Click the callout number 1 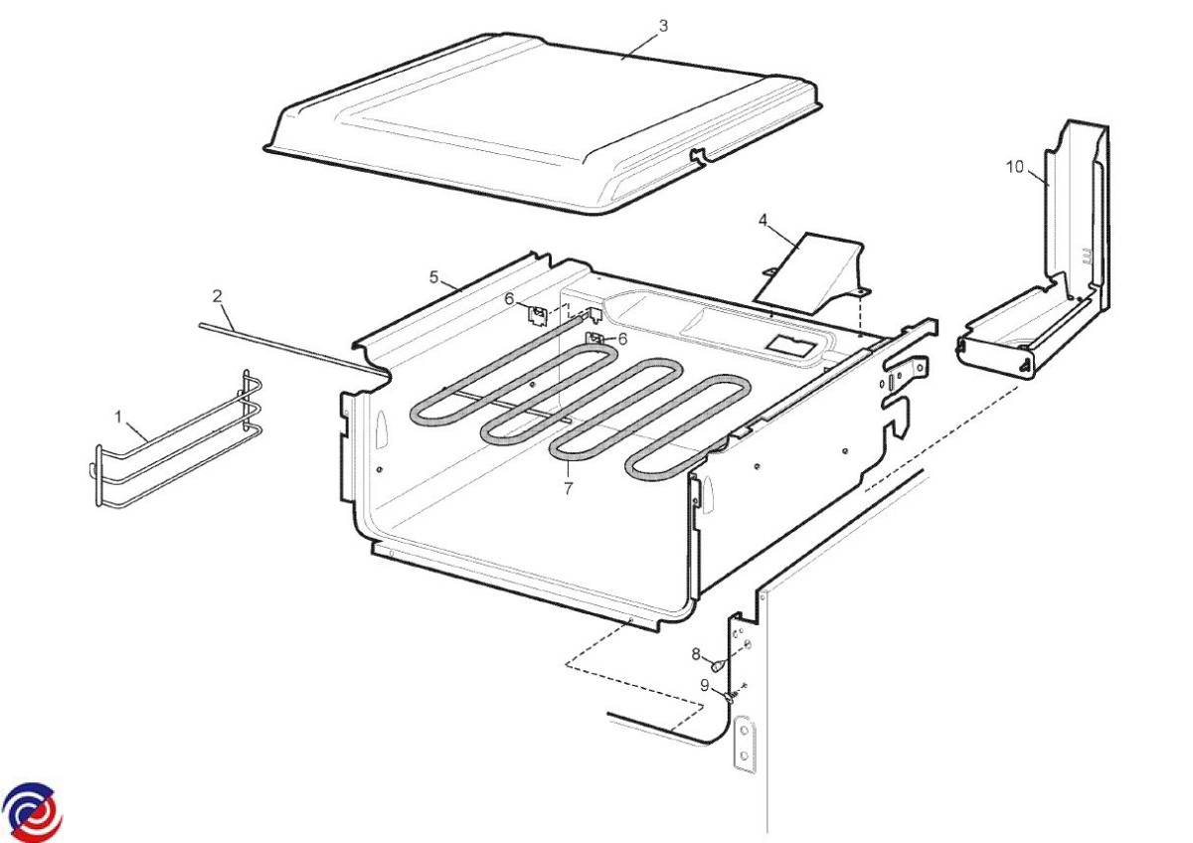(118, 416)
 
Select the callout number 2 (217, 296)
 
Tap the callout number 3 (663, 26)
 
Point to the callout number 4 (763, 220)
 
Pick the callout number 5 (434, 277)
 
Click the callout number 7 (569, 487)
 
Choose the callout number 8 (696, 654)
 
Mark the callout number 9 (704, 685)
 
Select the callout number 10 (1015, 167)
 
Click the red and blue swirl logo (32, 811)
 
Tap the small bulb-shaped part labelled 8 (719, 665)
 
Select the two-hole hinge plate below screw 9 (744, 744)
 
